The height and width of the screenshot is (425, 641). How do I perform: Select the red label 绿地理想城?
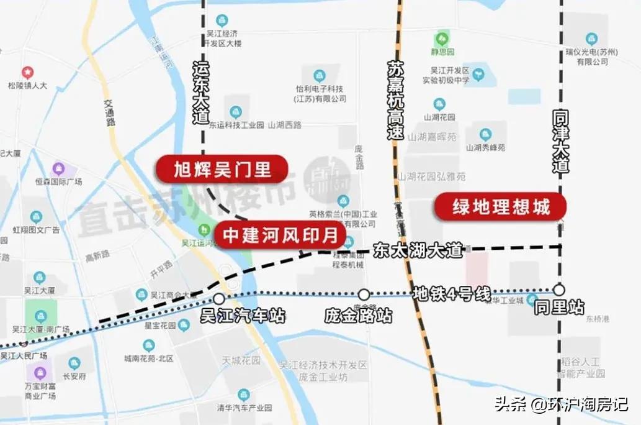click(x=501, y=208)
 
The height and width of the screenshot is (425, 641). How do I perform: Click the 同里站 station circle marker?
click(x=559, y=290)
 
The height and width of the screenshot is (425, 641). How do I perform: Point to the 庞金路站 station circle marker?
click(x=364, y=295)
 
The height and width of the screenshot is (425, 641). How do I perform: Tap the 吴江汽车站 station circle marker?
click(x=219, y=299)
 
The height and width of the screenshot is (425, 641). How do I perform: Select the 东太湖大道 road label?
click(x=418, y=250)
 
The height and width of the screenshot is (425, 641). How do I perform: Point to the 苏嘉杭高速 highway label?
click(x=395, y=99)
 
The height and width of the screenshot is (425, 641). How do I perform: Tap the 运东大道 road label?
click(x=202, y=91)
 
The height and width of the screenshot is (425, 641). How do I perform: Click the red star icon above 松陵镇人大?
click(x=27, y=73)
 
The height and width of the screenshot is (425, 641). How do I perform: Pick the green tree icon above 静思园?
click(x=442, y=38)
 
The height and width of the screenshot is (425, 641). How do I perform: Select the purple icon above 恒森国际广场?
click(x=58, y=168)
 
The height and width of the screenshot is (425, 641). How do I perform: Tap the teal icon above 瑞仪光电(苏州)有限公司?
click(x=591, y=39)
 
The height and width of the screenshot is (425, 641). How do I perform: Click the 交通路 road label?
click(x=110, y=113)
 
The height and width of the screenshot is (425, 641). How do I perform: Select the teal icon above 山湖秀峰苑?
click(x=485, y=134)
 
